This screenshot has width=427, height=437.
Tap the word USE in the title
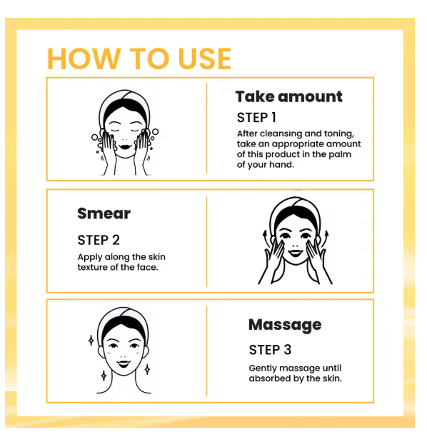(205, 59)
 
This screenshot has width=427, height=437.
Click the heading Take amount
(288, 96)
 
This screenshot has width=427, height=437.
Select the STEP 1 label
(256, 117)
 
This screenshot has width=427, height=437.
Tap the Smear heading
(104, 214)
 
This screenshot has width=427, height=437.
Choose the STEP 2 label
(99, 240)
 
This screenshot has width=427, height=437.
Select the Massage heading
(285, 325)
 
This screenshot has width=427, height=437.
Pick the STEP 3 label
(270, 350)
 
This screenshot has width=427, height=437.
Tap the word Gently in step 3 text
(263, 368)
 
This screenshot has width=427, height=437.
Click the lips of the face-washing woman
(125, 146)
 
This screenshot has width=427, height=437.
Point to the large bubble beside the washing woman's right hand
(155, 131)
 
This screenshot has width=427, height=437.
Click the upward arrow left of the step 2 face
(266, 238)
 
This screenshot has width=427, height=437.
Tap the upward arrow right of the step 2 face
(326, 238)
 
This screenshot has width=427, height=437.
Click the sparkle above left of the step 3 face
(91, 341)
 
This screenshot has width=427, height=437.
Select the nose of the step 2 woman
(296, 246)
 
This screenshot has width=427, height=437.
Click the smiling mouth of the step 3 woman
(124, 364)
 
